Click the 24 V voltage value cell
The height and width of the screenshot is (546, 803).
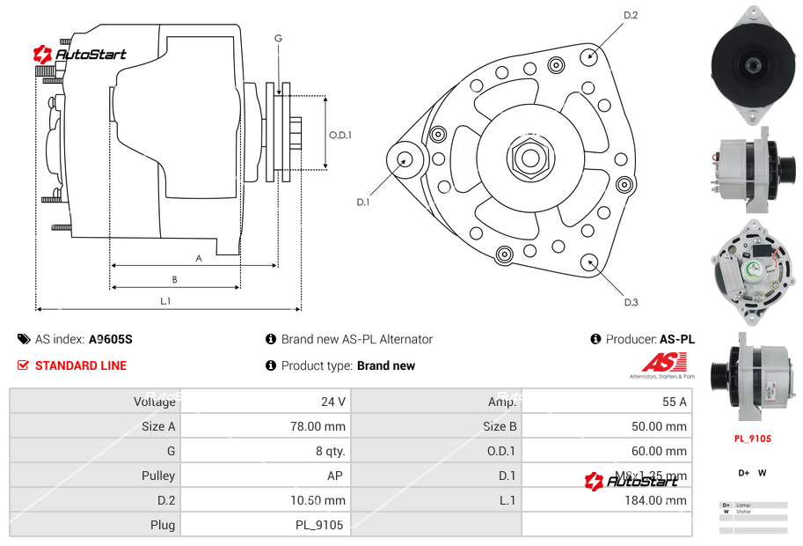[332, 402]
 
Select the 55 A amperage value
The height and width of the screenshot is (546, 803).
[674, 402]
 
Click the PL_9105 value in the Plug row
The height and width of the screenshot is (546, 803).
[319, 525]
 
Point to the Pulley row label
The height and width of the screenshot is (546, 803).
[158, 476]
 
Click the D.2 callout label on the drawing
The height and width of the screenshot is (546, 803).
[631, 16]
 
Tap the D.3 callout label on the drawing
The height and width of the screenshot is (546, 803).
[631, 302]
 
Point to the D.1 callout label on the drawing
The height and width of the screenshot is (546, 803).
[362, 202]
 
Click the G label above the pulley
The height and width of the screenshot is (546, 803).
[278, 38]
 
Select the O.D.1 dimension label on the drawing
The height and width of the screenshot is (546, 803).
[340, 135]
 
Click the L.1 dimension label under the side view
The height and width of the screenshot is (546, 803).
[165, 301]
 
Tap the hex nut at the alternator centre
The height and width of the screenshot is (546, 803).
[528, 159]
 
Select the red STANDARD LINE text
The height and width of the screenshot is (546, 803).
[80, 365]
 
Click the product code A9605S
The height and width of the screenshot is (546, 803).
[111, 339]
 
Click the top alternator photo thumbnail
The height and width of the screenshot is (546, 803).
[752, 63]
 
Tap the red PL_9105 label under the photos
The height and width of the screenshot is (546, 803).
[752, 439]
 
